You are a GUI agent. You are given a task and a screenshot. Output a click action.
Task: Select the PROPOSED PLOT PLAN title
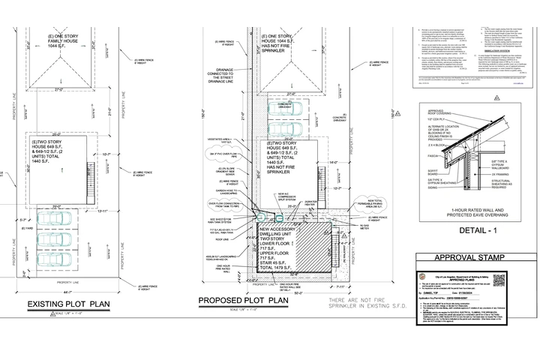point(244,301)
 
